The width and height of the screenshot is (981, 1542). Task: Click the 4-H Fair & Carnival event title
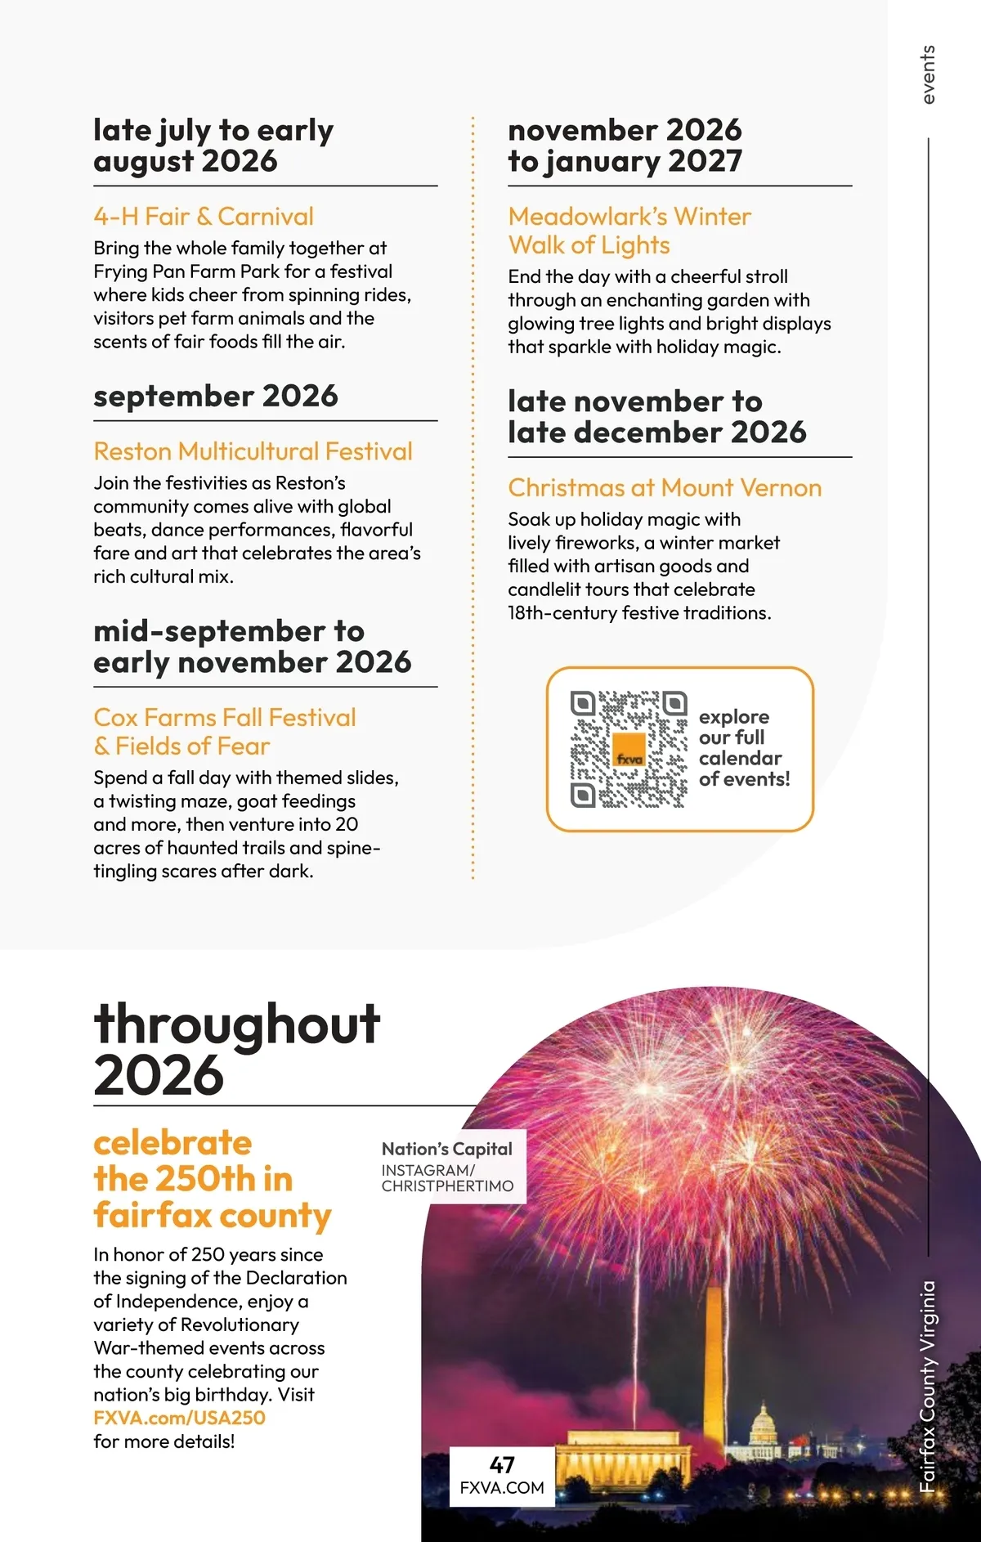204,217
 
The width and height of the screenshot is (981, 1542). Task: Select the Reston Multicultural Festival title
253,451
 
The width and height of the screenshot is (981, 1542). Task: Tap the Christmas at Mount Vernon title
665,488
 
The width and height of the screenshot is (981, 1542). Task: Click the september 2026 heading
216,397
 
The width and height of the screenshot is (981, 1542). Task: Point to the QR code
629,749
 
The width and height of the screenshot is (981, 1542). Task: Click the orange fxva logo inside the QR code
629,751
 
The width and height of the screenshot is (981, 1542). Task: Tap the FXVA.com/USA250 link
179,1418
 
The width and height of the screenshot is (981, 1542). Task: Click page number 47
502,1465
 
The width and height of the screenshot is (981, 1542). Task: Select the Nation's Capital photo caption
447,1149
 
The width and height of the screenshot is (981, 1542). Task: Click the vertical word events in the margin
927,75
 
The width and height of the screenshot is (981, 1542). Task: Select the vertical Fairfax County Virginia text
927,1386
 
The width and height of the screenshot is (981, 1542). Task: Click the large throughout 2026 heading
236,1049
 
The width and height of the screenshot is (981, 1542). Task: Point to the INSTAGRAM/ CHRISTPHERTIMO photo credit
447,1178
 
